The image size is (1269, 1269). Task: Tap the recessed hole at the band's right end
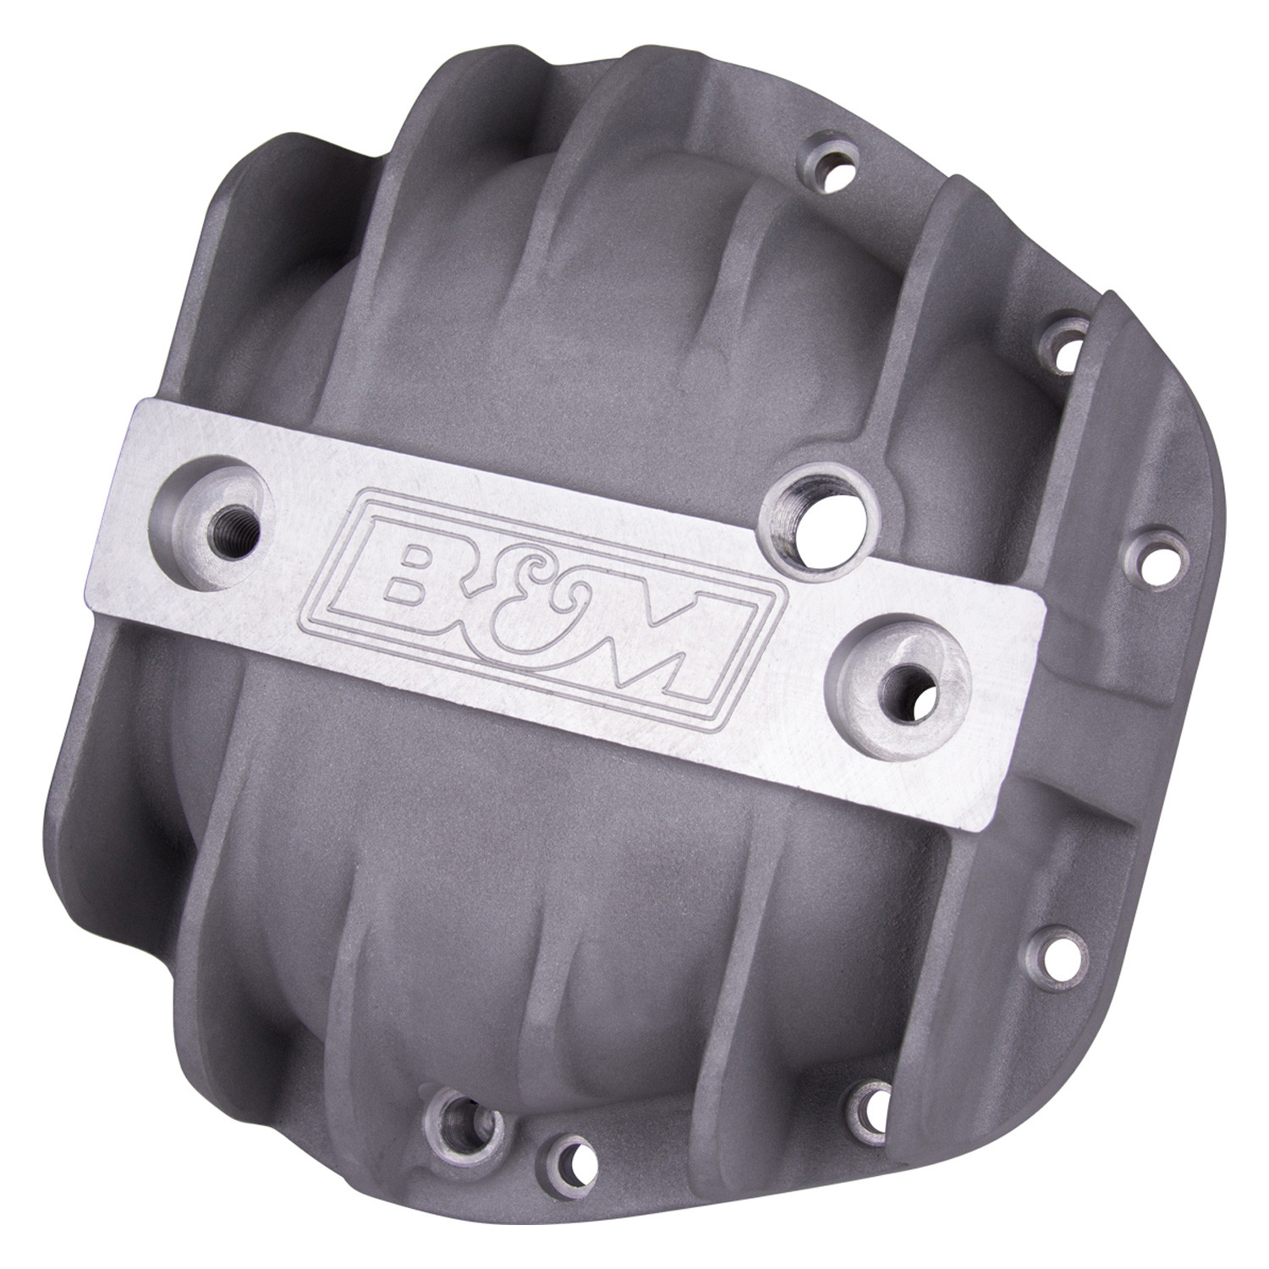[x=909, y=675]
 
